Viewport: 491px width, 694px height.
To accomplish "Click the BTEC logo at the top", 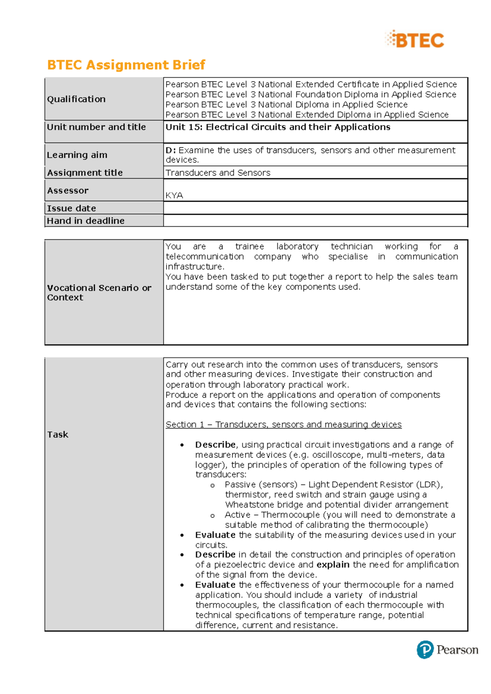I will [414, 40].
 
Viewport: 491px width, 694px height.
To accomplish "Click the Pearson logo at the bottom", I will [447, 649].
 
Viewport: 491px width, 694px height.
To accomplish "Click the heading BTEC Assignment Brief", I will [126, 65].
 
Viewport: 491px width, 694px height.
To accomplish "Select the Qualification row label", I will [76, 99].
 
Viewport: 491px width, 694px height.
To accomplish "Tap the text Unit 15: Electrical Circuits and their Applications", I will [278, 127].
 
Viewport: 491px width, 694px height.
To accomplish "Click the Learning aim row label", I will [77, 155].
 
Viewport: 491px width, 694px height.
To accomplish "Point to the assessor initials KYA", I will [174, 195].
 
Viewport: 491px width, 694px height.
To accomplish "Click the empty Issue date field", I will [315, 208].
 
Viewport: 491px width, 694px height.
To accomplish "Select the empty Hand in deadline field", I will [315, 221].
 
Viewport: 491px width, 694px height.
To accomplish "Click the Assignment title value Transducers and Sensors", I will [218, 173].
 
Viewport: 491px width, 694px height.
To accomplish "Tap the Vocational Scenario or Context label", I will [99, 293].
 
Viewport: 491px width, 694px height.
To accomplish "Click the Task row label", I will [58, 435].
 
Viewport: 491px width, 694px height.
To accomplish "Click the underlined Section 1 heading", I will [283, 424].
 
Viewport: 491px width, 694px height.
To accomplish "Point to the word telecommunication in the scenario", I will [205, 257].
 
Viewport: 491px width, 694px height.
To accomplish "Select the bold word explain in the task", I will [333, 565].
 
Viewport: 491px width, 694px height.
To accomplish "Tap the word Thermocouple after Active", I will [291, 515].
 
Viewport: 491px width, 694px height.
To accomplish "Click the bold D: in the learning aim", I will [171, 150].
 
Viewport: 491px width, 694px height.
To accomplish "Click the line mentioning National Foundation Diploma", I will [311, 95].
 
